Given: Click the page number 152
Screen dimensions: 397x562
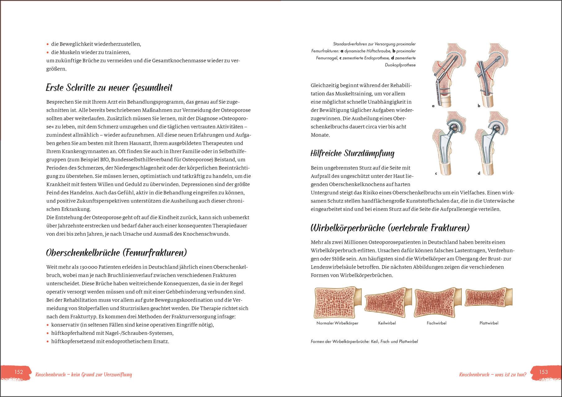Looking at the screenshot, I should [19, 372].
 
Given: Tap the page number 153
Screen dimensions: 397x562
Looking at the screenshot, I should [543, 372].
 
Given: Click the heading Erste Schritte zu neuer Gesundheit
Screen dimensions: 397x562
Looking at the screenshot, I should [109, 88].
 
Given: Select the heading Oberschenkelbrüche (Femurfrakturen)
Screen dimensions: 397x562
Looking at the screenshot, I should [117, 253].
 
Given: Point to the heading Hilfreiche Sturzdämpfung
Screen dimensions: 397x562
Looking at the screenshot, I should [352, 153].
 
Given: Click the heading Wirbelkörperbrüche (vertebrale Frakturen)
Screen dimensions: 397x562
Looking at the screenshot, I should [390, 228].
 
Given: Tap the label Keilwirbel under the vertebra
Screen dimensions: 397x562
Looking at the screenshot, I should [387, 323].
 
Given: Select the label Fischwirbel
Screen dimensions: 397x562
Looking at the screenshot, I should [436, 323].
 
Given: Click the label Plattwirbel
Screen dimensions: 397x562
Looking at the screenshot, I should [489, 323].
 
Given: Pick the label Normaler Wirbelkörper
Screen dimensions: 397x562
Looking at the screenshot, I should [337, 323].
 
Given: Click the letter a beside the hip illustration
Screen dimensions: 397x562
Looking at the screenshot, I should [433, 106].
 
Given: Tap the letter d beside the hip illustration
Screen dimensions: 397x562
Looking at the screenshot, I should [479, 173].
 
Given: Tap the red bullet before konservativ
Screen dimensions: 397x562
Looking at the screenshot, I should [47, 325].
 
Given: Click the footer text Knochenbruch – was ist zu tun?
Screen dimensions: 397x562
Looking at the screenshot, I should [493, 375].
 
